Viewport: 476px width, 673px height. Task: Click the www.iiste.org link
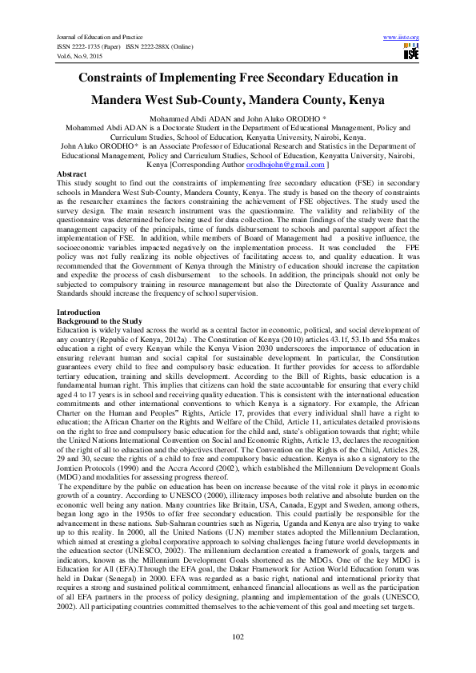(x=402, y=38)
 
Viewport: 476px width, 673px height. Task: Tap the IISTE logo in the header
(x=411, y=53)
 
